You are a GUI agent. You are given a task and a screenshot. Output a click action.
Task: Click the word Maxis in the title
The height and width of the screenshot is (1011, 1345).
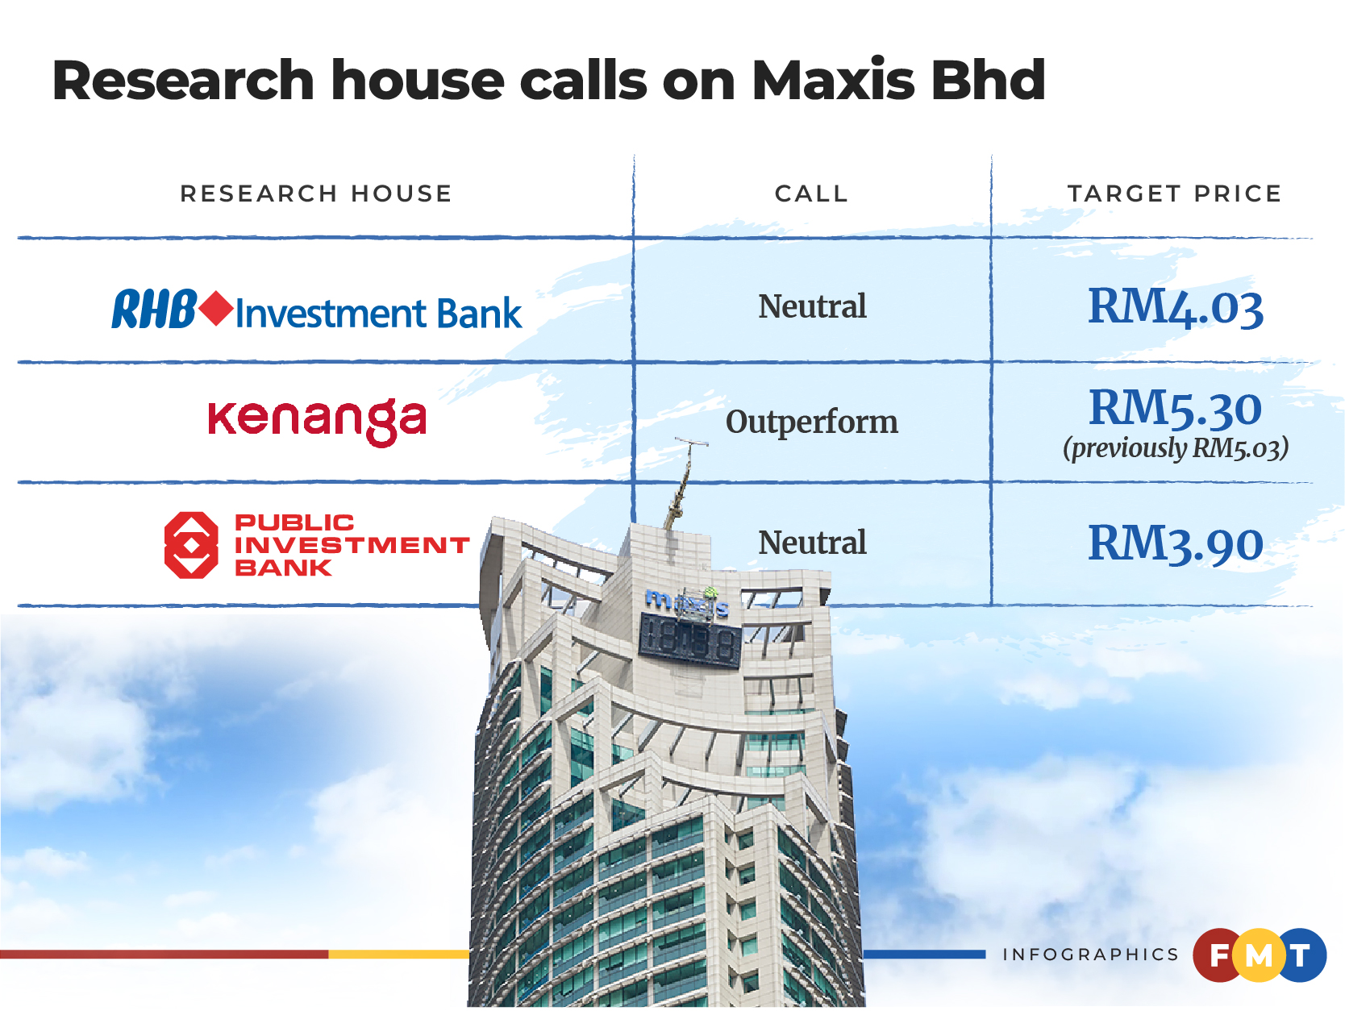point(834,81)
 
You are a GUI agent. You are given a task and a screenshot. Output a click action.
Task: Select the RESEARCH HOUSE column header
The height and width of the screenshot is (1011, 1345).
point(315,194)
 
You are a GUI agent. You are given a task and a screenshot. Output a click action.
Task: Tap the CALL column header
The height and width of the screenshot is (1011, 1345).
point(811,194)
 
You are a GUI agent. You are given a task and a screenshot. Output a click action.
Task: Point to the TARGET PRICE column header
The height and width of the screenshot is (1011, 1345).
point(1174,194)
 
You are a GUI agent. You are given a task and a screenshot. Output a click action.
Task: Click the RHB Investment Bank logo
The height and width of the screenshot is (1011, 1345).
point(317,310)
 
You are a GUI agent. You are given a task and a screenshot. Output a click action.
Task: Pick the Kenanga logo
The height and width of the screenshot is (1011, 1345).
point(317,420)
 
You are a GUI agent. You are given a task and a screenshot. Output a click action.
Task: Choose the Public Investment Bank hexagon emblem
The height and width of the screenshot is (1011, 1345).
point(190,545)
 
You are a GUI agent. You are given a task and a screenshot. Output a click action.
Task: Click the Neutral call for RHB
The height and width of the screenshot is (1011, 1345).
point(812,307)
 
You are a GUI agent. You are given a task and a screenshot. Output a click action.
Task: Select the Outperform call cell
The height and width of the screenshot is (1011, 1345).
point(811,422)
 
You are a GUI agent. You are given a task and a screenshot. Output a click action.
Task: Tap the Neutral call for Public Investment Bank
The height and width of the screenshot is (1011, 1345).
point(812,543)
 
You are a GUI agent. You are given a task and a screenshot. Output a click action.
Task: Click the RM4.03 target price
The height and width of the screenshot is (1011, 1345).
point(1175,308)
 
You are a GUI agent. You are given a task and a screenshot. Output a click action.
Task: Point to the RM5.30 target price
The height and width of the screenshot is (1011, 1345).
point(1175,408)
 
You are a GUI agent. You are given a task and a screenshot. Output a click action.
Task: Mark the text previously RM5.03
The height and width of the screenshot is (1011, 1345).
point(1175,448)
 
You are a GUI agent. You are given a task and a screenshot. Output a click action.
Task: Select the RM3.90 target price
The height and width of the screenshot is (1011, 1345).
point(1175,543)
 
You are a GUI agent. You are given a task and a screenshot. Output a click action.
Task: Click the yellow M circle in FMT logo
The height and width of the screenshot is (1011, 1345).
point(1259,956)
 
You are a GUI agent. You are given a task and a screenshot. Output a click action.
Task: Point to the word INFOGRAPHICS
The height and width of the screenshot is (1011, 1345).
point(1090,955)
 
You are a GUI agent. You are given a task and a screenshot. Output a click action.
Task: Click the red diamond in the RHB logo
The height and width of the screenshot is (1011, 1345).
point(216,309)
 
